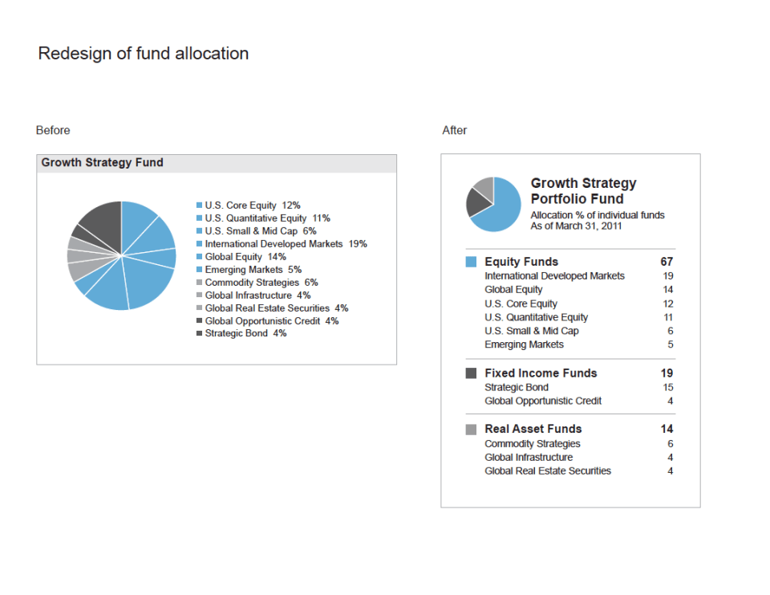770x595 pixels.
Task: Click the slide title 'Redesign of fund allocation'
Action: click(x=144, y=54)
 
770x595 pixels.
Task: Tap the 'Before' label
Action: click(x=53, y=130)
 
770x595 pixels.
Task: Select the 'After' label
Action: click(x=454, y=130)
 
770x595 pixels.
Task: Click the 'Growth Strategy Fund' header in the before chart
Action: click(x=102, y=163)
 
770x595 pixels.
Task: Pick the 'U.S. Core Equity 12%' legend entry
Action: click(x=252, y=206)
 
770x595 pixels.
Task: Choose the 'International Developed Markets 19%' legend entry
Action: click(x=286, y=244)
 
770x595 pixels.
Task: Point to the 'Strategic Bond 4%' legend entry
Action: click(x=245, y=333)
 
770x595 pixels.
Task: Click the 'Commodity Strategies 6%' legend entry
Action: click(x=261, y=283)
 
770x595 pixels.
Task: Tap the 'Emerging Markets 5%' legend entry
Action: click(x=253, y=270)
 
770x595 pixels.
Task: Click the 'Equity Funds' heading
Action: click(x=521, y=262)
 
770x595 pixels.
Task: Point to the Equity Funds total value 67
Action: click(x=667, y=262)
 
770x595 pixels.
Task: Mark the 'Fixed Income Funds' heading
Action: click(x=541, y=373)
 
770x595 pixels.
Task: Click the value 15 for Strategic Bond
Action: click(x=667, y=387)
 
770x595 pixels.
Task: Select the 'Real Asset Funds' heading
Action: click(x=533, y=429)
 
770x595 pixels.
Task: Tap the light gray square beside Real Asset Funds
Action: click(x=471, y=430)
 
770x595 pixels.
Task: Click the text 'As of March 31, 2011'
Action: click(x=576, y=226)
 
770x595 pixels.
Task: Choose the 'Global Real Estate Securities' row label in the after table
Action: click(x=547, y=471)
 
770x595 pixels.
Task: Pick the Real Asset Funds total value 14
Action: click(x=667, y=429)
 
